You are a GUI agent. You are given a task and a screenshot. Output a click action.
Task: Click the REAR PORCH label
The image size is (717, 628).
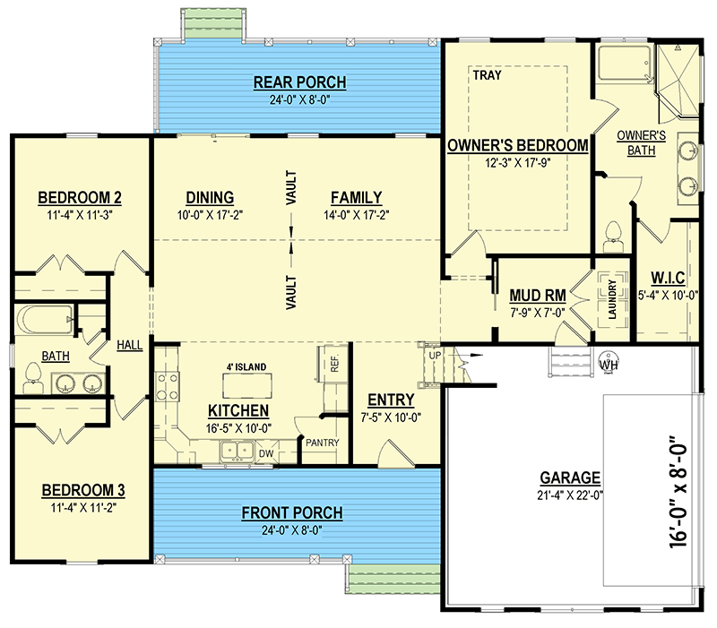coord(299,82)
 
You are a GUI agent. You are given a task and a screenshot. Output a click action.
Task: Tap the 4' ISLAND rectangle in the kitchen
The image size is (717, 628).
coord(247,386)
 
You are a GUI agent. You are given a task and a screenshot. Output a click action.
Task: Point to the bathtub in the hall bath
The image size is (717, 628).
coord(44,319)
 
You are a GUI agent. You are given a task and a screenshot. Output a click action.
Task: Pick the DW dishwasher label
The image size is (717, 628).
coord(266,453)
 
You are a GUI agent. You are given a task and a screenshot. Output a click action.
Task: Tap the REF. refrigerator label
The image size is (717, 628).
coord(334,363)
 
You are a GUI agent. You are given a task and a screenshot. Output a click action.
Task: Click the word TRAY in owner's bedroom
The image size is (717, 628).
coord(487,75)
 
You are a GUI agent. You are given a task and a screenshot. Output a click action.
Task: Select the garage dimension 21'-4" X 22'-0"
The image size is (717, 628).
coord(570,495)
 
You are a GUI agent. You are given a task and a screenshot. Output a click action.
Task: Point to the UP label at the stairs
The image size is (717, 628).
coord(435,355)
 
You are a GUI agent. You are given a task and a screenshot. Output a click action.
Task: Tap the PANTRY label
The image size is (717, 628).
coord(323,443)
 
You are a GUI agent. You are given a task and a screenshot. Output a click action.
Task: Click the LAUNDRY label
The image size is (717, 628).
coord(612,299)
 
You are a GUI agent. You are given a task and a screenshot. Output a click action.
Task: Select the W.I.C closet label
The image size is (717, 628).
coord(668,278)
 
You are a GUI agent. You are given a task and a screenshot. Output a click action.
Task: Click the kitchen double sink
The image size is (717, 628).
coord(237,452)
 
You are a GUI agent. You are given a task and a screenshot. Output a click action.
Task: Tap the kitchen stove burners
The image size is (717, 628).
coord(167,386)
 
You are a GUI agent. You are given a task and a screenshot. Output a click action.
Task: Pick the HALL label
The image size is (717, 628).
coord(129,345)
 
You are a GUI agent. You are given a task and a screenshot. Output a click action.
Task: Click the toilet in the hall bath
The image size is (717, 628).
coord(33,378)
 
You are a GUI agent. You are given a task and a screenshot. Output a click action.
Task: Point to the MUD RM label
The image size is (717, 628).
coord(538,296)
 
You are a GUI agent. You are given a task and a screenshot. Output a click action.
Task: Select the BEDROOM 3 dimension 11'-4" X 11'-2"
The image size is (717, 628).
coord(83,507)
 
